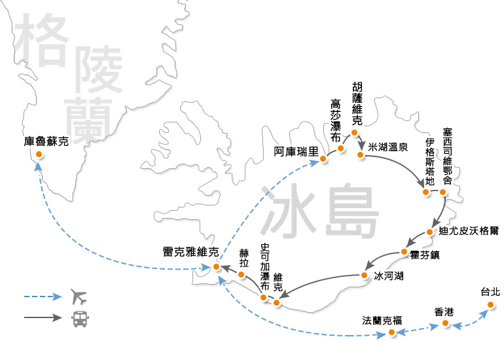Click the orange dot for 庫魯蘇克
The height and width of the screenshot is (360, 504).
point(39,154)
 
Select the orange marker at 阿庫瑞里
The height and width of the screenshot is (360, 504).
point(323,158)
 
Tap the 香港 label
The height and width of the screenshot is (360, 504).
point(444,312)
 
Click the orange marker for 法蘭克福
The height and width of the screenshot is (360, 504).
point(391,333)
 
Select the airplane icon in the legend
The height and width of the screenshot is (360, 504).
point(78,297)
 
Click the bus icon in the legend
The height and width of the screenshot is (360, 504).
point(78,319)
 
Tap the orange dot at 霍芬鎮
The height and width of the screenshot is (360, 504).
point(404,252)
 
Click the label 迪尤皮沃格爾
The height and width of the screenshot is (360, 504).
point(469,231)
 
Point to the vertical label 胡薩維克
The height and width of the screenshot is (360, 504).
point(357,104)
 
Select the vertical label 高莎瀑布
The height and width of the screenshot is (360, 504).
point(336,121)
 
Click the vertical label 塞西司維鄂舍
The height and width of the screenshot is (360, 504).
point(448,157)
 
